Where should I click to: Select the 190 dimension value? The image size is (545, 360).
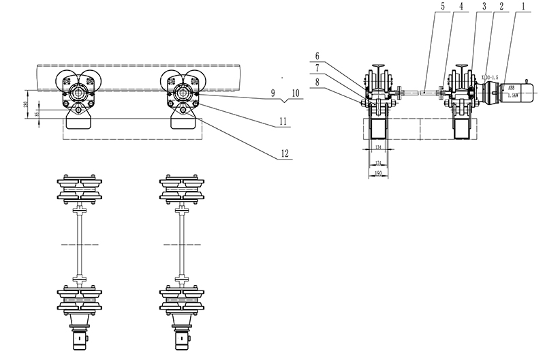pos(377,173)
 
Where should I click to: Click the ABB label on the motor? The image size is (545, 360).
pos(510,87)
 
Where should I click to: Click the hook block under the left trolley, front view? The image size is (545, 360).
pos(79,121)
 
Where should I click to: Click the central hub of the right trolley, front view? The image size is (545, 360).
pos(183,91)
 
